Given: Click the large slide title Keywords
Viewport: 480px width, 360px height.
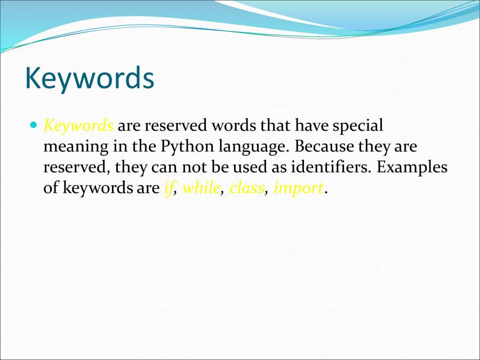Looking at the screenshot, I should tap(90, 78).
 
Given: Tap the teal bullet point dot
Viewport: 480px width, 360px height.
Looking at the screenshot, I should tap(34, 126).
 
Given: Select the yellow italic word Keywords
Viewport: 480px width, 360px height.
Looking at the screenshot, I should tap(78, 126).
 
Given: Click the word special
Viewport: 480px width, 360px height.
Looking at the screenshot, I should tap(358, 126).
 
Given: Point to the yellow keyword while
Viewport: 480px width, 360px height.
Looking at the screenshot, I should tap(201, 188).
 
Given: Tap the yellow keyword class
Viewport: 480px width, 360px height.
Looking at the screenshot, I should tap(246, 188).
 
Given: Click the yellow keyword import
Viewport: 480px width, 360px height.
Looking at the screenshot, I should tap(298, 189).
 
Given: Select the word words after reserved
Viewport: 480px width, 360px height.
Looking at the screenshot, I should tap(235, 126).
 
